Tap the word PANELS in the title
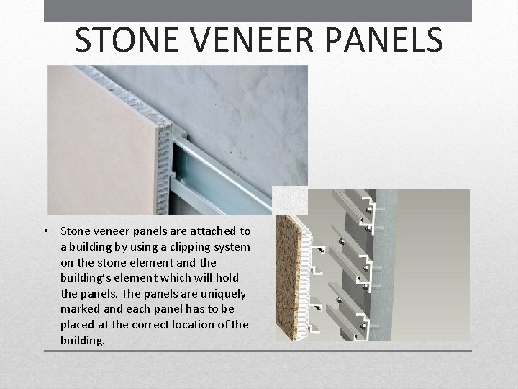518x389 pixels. click(389, 41)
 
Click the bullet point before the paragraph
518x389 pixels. click(45, 232)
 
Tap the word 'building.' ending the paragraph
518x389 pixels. click(83, 340)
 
